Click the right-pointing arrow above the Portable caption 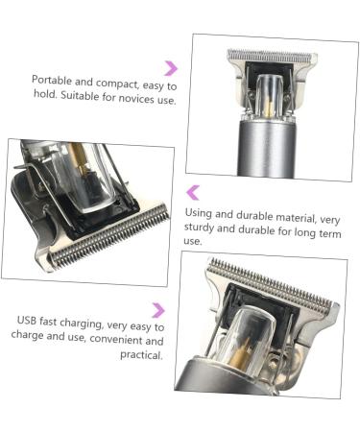[x=171, y=67]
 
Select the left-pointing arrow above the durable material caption [x=193, y=192]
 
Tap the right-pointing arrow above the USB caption [x=158, y=309]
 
